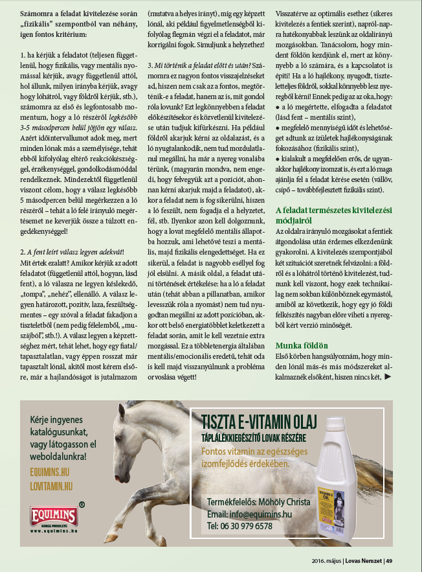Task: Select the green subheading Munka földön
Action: click(x=302, y=345)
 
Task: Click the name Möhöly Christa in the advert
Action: click(x=285, y=503)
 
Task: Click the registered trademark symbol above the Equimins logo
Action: click(x=81, y=503)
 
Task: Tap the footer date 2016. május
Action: click(x=328, y=560)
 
